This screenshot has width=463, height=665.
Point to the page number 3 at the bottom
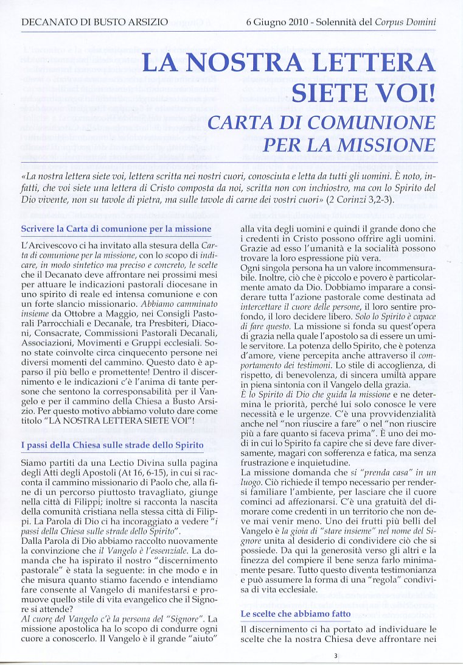click(335, 656)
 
